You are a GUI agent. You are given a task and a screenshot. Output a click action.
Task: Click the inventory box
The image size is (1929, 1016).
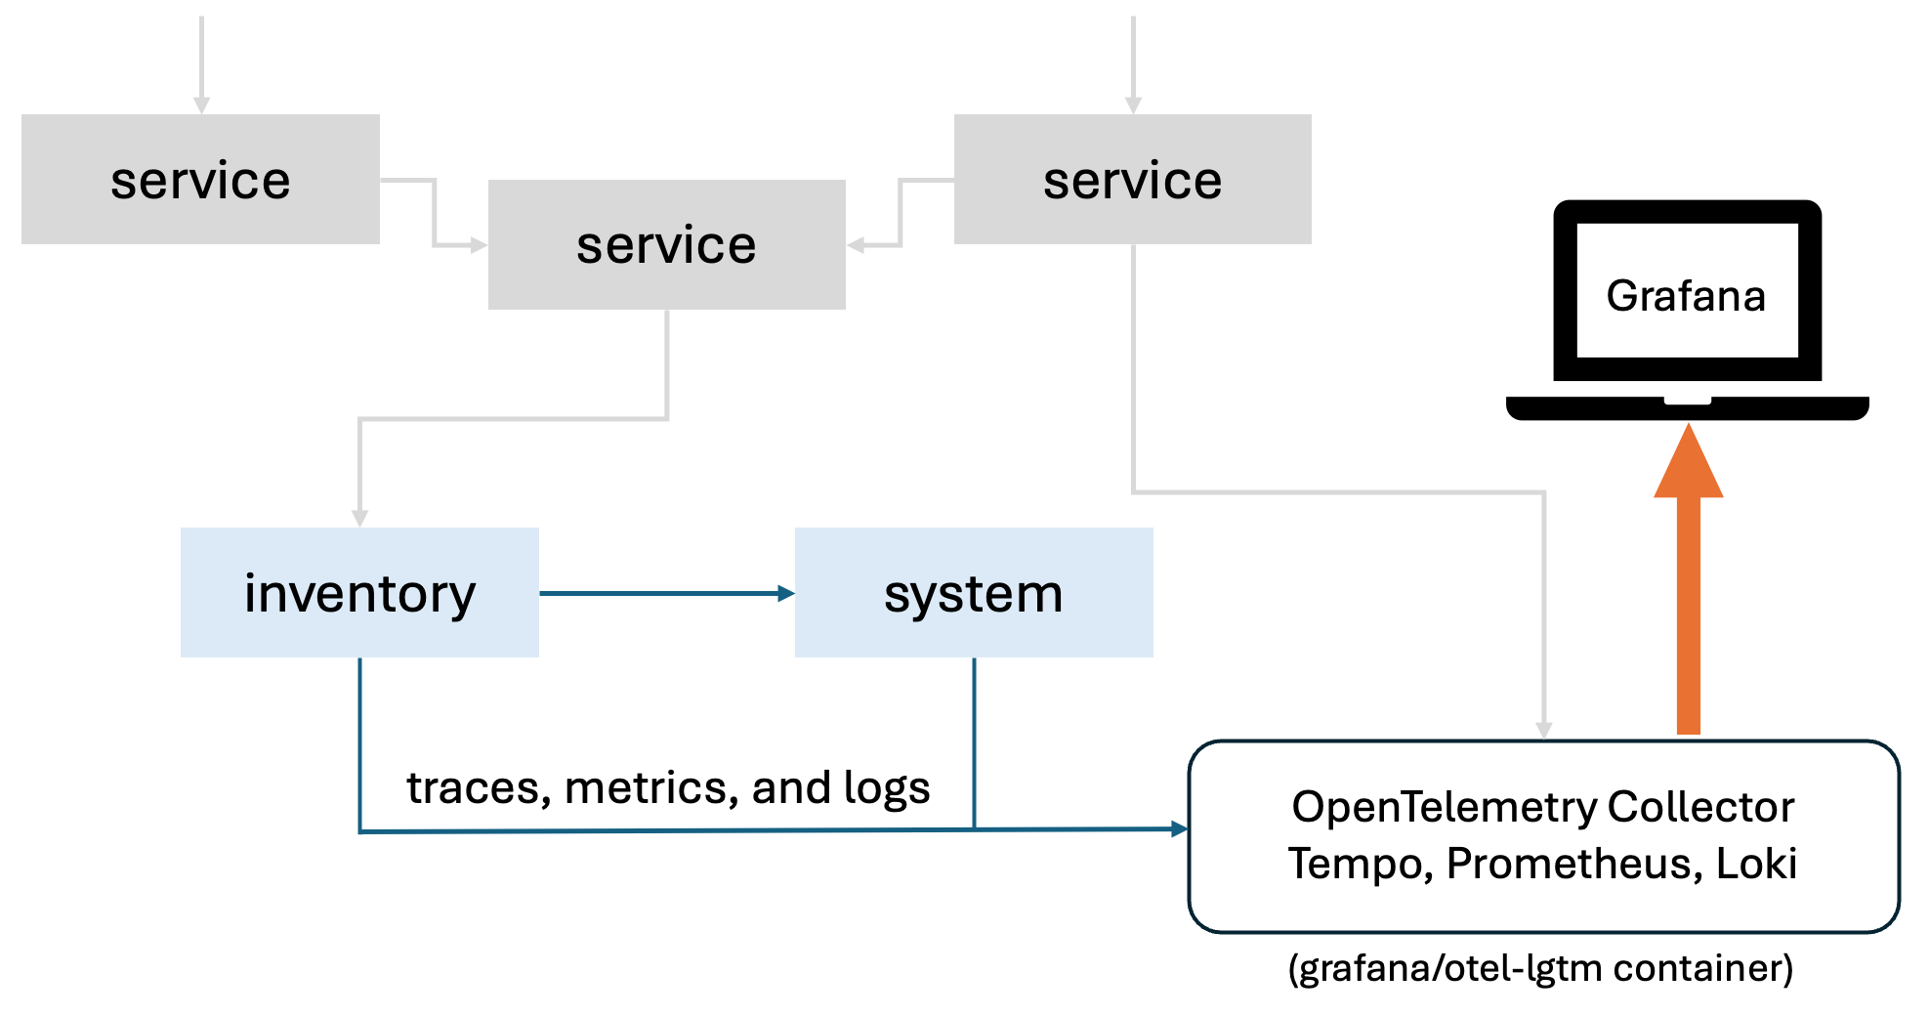click(x=359, y=592)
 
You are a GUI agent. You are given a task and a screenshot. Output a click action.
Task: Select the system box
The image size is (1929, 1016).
click(x=974, y=592)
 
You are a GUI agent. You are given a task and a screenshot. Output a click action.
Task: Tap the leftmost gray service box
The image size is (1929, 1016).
click(x=200, y=179)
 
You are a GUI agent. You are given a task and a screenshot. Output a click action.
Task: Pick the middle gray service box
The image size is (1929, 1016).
click(x=666, y=244)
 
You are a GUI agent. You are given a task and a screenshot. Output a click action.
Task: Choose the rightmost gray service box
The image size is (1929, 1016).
click(x=1132, y=179)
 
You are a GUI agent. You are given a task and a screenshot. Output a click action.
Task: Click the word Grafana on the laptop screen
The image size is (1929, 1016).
click(x=1686, y=295)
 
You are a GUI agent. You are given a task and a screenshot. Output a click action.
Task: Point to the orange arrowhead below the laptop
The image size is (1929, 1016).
click(x=1688, y=465)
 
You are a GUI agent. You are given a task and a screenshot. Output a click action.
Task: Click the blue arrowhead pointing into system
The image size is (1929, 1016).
click(x=786, y=593)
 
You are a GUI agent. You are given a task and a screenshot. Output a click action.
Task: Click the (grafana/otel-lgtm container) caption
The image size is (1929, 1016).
click(x=1540, y=968)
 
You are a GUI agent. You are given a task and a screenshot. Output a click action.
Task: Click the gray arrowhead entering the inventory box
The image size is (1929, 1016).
click(x=359, y=518)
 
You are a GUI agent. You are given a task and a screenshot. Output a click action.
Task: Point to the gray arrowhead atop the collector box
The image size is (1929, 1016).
click(x=1544, y=730)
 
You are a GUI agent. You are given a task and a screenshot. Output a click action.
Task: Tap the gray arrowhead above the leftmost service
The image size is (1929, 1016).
click(x=201, y=105)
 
